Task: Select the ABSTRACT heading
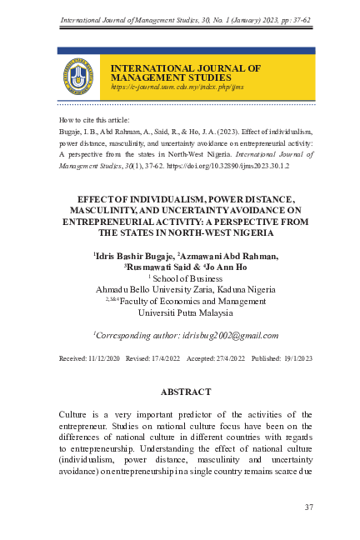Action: point(186,391)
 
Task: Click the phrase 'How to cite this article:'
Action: point(95,120)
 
